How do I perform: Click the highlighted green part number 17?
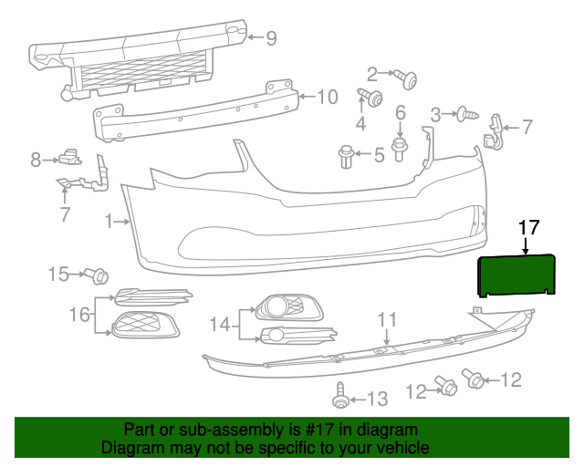[x=519, y=274]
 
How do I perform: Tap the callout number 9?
[x=271, y=38]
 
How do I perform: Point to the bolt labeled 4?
[x=371, y=98]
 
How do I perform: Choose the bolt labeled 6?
[x=400, y=145]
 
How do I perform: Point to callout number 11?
[x=388, y=319]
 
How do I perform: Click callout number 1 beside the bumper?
[x=109, y=221]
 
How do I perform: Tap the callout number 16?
[x=79, y=315]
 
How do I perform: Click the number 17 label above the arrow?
[x=529, y=227]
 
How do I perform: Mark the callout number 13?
[x=378, y=398]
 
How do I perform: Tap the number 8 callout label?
[x=36, y=160]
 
